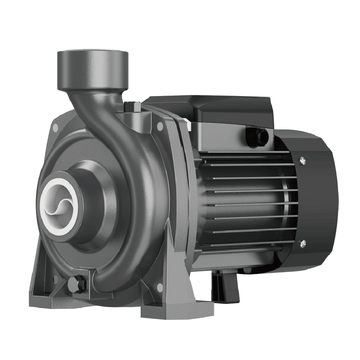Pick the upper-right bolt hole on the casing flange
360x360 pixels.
click(160, 126)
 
